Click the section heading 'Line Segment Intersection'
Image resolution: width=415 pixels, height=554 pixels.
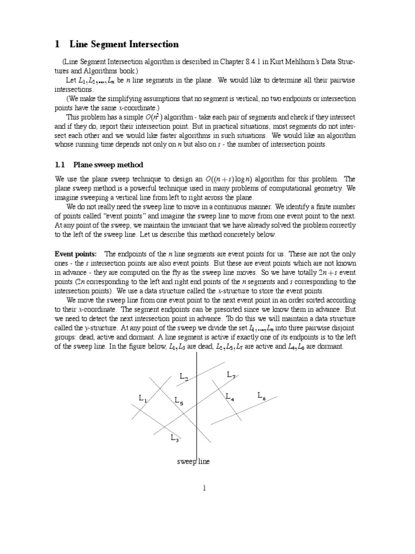[x=124, y=44]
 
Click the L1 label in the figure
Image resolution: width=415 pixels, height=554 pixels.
[x=143, y=399]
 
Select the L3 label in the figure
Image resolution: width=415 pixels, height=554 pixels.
[x=175, y=439]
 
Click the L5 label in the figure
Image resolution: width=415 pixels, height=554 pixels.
[x=179, y=401]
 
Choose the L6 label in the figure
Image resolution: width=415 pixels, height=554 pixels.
[x=262, y=396]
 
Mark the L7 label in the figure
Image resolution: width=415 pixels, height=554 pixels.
[x=231, y=375]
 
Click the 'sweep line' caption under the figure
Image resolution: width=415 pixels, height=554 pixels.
[x=193, y=461]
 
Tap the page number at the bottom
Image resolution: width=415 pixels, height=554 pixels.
[x=205, y=488]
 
